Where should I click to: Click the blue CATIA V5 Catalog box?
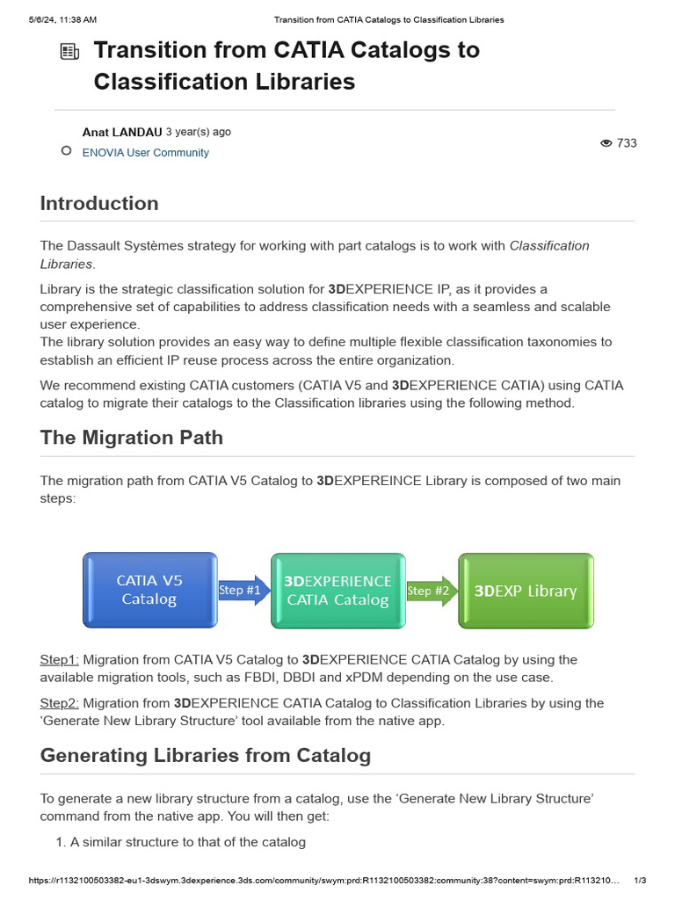tap(149, 590)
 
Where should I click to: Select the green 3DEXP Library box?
tap(526, 591)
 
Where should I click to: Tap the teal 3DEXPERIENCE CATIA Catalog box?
tap(337, 591)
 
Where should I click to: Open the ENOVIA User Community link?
tap(145, 153)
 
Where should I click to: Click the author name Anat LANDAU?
tap(121, 133)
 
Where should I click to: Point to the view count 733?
tap(627, 143)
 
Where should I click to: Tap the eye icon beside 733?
tap(606, 143)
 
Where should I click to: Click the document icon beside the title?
tap(69, 52)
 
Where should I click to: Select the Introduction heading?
tap(99, 204)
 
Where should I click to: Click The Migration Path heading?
tap(131, 438)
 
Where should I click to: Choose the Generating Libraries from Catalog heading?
tap(205, 756)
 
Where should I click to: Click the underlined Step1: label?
tap(59, 660)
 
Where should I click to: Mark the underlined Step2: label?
tap(59, 703)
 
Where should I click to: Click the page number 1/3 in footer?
tap(640, 881)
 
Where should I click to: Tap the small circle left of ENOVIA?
tap(66, 151)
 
